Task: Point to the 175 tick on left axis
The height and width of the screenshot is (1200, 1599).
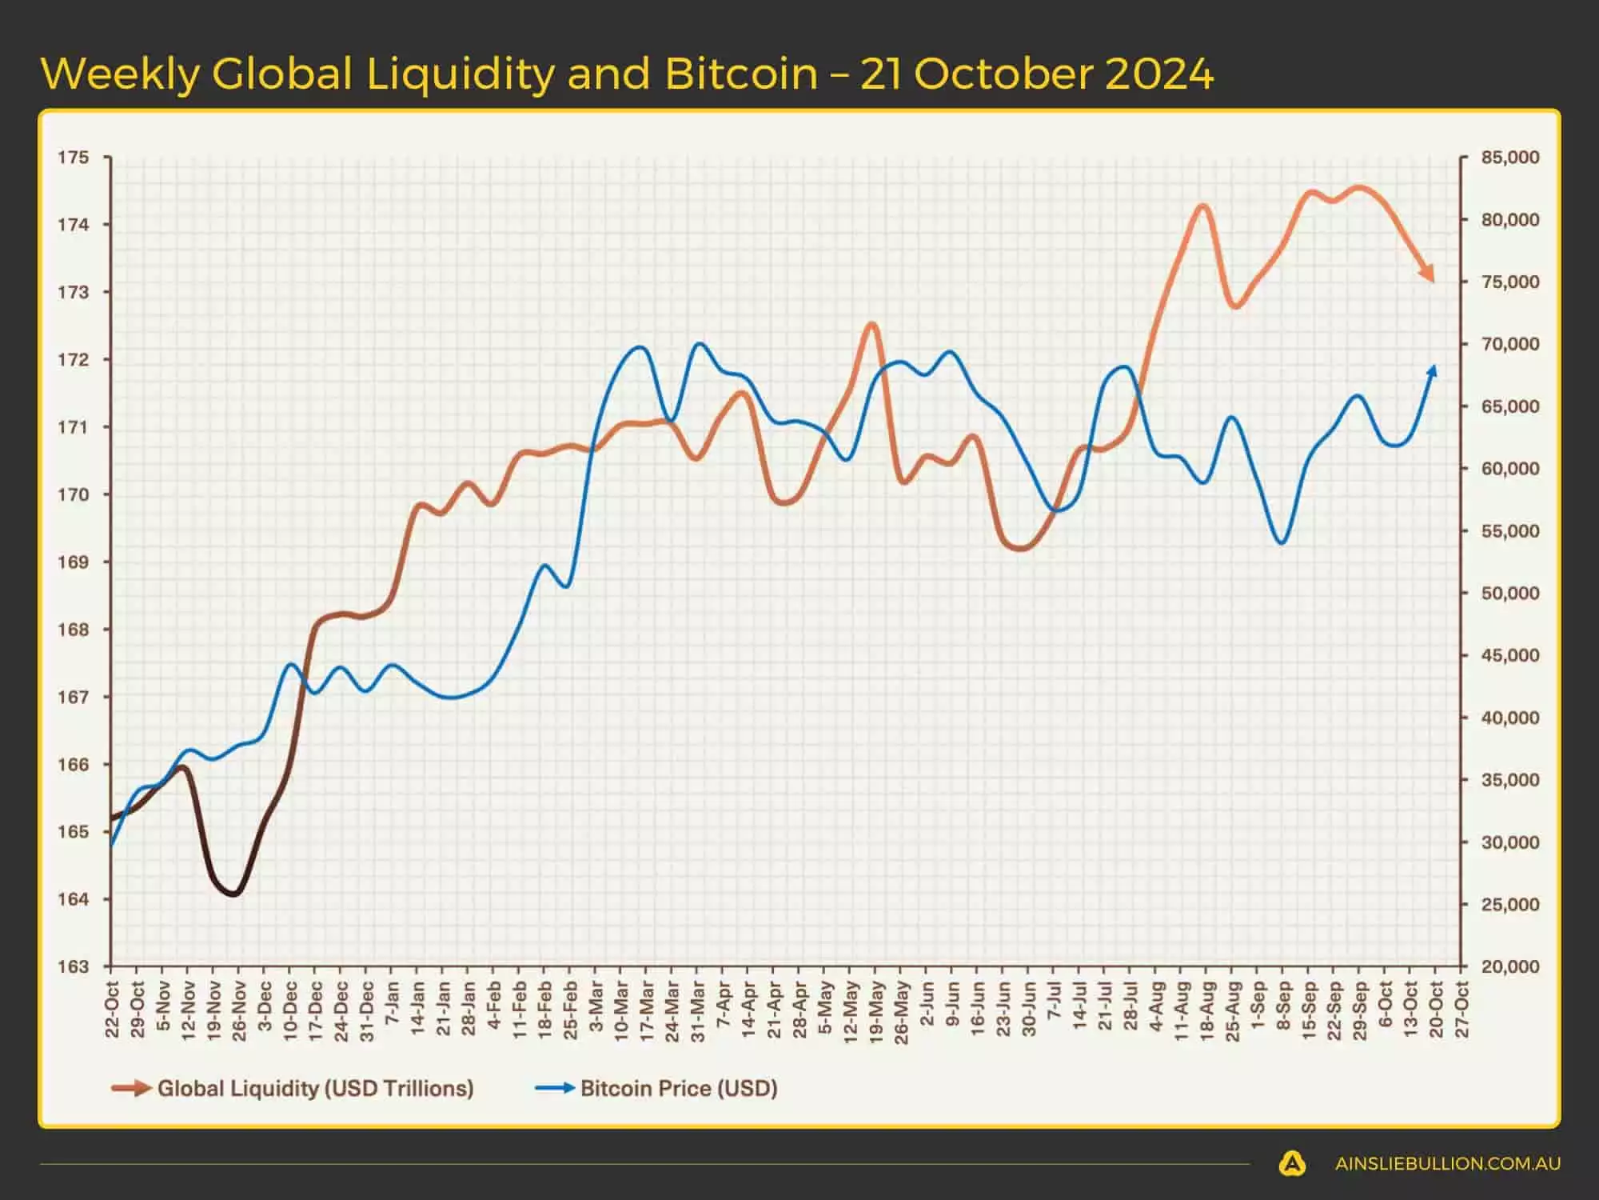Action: coord(73,158)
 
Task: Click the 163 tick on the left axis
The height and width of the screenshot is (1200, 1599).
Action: coord(73,966)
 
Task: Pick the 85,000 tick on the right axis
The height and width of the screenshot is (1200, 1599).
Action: coord(1509,158)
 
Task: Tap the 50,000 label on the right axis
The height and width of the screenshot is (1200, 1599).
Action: coord(1509,594)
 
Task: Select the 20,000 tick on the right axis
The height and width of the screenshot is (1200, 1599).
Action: coord(1509,966)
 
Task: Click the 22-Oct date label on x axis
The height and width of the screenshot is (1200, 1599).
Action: coord(112,1010)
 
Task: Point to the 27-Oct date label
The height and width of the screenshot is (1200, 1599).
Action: coord(1462,1010)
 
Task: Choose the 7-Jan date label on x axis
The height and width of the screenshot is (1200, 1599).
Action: coord(392,1010)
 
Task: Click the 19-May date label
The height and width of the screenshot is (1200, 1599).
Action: coord(876,1010)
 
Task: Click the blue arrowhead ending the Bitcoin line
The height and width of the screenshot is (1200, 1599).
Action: coord(1433,371)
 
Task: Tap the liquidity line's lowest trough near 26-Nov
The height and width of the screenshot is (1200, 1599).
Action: coord(233,893)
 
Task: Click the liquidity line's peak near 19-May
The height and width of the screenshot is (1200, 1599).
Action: coord(872,325)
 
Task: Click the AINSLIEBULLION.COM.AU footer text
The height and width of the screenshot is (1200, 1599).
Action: coord(1447,1164)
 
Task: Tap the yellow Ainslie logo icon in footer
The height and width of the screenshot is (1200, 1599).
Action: coord(1292,1164)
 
